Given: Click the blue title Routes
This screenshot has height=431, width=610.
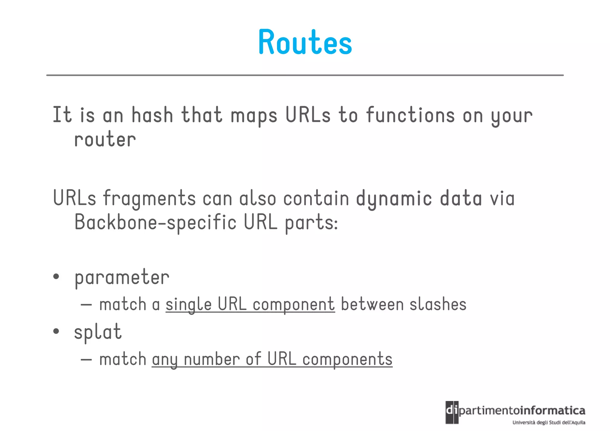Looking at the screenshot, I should pyautogui.click(x=305, y=42).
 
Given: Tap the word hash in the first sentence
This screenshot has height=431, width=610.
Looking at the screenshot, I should pyautogui.click(x=152, y=115).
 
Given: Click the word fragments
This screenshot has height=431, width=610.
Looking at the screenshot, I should pyautogui.click(x=149, y=199).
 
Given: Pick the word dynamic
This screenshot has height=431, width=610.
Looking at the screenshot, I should pyautogui.click(x=394, y=199).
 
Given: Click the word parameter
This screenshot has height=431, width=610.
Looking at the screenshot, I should pyautogui.click(x=122, y=278).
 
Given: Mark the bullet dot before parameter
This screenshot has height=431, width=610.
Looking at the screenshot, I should pyautogui.click(x=56, y=277).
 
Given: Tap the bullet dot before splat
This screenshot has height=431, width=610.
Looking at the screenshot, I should pyautogui.click(x=56, y=331).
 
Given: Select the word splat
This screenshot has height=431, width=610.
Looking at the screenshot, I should pyautogui.click(x=98, y=332).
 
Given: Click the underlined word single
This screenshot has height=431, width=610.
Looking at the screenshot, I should pyautogui.click(x=189, y=305).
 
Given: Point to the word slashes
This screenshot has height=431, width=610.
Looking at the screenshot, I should pyautogui.click(x=438, y=305).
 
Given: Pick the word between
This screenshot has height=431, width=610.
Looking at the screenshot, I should pyautogui.click(x=372, y=305).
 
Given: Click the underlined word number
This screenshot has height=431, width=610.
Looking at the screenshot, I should pyautogui.click(x=212, y=359).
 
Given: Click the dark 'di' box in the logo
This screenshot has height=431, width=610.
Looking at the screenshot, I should pyautogui.click(x=452, y=412).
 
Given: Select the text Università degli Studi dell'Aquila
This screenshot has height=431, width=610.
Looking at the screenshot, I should pyautogui.click(x=549, y=422).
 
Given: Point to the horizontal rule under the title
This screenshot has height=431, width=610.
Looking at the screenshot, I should pyautogui.click(x=305, y=75).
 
